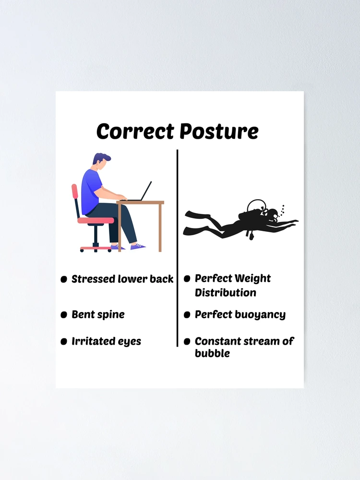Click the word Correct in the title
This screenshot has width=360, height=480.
tap(135, 132)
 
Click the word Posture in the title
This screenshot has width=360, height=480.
tap(219, 132)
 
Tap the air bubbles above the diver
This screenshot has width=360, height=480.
tap(283, 210)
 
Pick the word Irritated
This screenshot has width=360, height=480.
tap(89, 341)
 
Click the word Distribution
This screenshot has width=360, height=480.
tap(225, 293)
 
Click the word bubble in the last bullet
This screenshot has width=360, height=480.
tap(212, 353)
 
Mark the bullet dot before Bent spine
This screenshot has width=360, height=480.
tap(64, 315)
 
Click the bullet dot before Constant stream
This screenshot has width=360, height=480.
tap(187, 342)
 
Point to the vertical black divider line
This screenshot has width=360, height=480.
tap(177, 248)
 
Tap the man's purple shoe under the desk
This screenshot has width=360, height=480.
tap(138, 246)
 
